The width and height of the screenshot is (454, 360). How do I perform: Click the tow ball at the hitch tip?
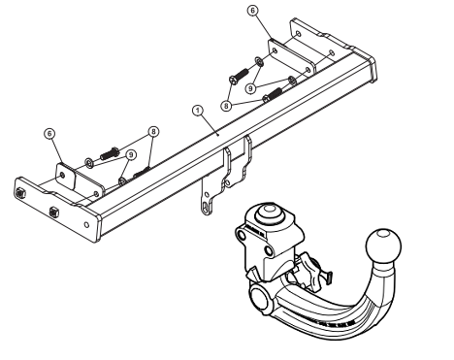pyautogui.click(x=383, y=245)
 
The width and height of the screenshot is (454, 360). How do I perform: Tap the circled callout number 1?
pyautogui.click(x=198, y=111)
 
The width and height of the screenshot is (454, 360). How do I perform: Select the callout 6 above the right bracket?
pyautogui.click(x=253, y=11)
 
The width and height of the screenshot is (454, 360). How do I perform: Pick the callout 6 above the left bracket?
pyautogui.click(x=49, y=134)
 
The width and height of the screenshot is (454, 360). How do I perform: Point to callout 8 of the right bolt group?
pyautogui.click(x=226, y=106)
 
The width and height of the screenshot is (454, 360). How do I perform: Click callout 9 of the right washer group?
pyautogui.click(x=250, y=88)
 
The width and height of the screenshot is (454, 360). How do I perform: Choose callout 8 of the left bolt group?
pyautogui.click(x=153, y=132)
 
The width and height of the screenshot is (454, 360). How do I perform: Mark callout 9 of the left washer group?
pyautogui.click(x=131, y=155)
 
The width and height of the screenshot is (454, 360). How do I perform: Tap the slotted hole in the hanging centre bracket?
pyautogui.click(x=206, y=207)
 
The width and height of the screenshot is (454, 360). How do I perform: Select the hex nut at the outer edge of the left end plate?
pyautogui.click(x=20, y=192)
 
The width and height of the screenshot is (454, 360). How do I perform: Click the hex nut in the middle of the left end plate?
pyautogui.click(x=54, y=213)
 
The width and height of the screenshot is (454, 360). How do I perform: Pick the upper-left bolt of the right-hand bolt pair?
pyautogui.click(x=239, y=76)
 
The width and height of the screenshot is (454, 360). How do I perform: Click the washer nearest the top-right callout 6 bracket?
pyautogui.click(x=259, y=61)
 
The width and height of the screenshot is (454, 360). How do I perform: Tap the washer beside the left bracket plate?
pyautogui.click(x=89, y=163)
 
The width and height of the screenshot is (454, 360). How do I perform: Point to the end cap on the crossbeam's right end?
pyautogui.click(x=368, y=66)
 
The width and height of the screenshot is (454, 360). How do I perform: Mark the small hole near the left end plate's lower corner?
pyautogui.click(x=86, y=224)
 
